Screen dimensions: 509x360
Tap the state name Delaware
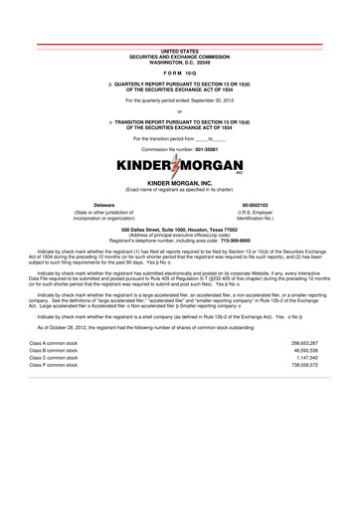tap(104, 203)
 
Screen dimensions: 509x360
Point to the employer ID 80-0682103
tap(256, 203)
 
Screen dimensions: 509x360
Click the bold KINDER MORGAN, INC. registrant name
tap(180, 184)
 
